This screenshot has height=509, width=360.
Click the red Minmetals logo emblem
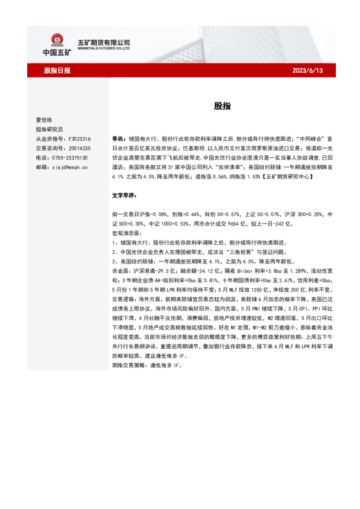point(57,40)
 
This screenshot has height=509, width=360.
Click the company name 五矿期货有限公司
point(104,42)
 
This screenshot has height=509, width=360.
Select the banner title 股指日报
point(57,71)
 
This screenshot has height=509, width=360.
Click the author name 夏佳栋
point(45,120)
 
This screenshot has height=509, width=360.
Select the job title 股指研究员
point(50,129)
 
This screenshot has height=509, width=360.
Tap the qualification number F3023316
point(78,138)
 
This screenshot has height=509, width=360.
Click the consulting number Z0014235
point(78,148)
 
